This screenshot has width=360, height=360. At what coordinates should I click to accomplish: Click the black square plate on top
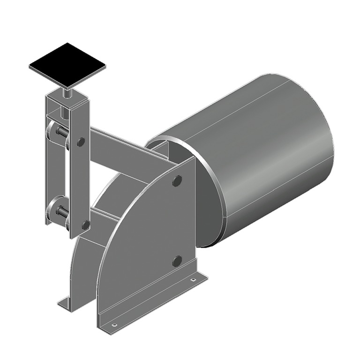tap(67, 65)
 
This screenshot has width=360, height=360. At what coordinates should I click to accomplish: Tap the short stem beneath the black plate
tap(67, 92)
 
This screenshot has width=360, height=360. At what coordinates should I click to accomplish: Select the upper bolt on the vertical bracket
tap(81, 141)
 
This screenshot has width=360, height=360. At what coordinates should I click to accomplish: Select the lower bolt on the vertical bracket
tap(85, 225)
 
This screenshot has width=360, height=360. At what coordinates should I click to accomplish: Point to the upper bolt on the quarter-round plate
tap(177, 181)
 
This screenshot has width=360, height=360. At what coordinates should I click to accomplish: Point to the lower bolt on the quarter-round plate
tap(177, 261)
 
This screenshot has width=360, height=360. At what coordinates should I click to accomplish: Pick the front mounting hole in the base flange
tap(113, 324)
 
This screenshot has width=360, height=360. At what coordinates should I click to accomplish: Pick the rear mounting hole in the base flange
tap(193, 280)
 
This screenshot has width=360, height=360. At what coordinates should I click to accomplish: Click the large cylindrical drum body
tap(267, 150)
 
